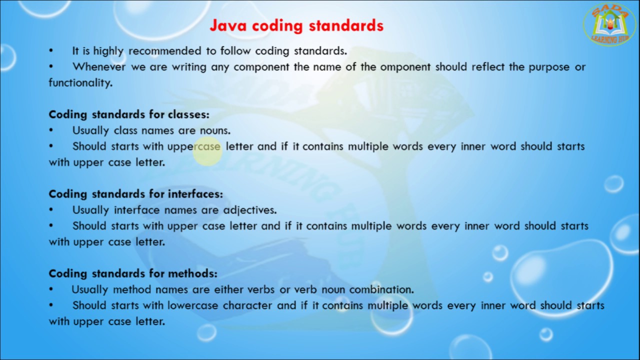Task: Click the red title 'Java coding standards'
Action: pos(296,25)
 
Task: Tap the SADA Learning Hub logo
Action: pos(609,25)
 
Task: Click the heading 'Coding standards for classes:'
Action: pos(129,114)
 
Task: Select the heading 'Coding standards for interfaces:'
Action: pos(135,194)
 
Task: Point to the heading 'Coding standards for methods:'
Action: pos(133,273)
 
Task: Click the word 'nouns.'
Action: pos(215,130)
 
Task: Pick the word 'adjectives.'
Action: pos(249,210)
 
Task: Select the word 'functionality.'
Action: pos(80,83)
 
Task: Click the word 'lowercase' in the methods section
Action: pos(192,305)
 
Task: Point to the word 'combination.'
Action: pos(381,289)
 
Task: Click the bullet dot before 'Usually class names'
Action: pos(51,130)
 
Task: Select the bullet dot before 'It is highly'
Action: pos(51,51)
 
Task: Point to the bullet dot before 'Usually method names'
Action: pos(51,289)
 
